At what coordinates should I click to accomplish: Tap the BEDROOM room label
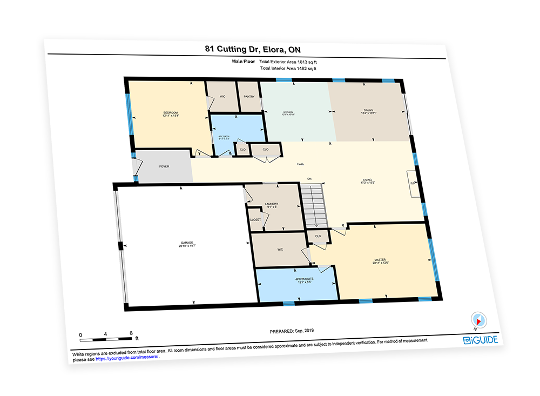(x=171, y=113)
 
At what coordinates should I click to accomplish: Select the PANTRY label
(x=249, y=97)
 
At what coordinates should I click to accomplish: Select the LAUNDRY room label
(x=271, y=205)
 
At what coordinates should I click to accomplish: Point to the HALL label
(x=300, y=164)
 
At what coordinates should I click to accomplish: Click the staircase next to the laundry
(x=314, y=205)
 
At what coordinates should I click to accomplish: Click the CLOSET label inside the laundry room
(x=255, y=220)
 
